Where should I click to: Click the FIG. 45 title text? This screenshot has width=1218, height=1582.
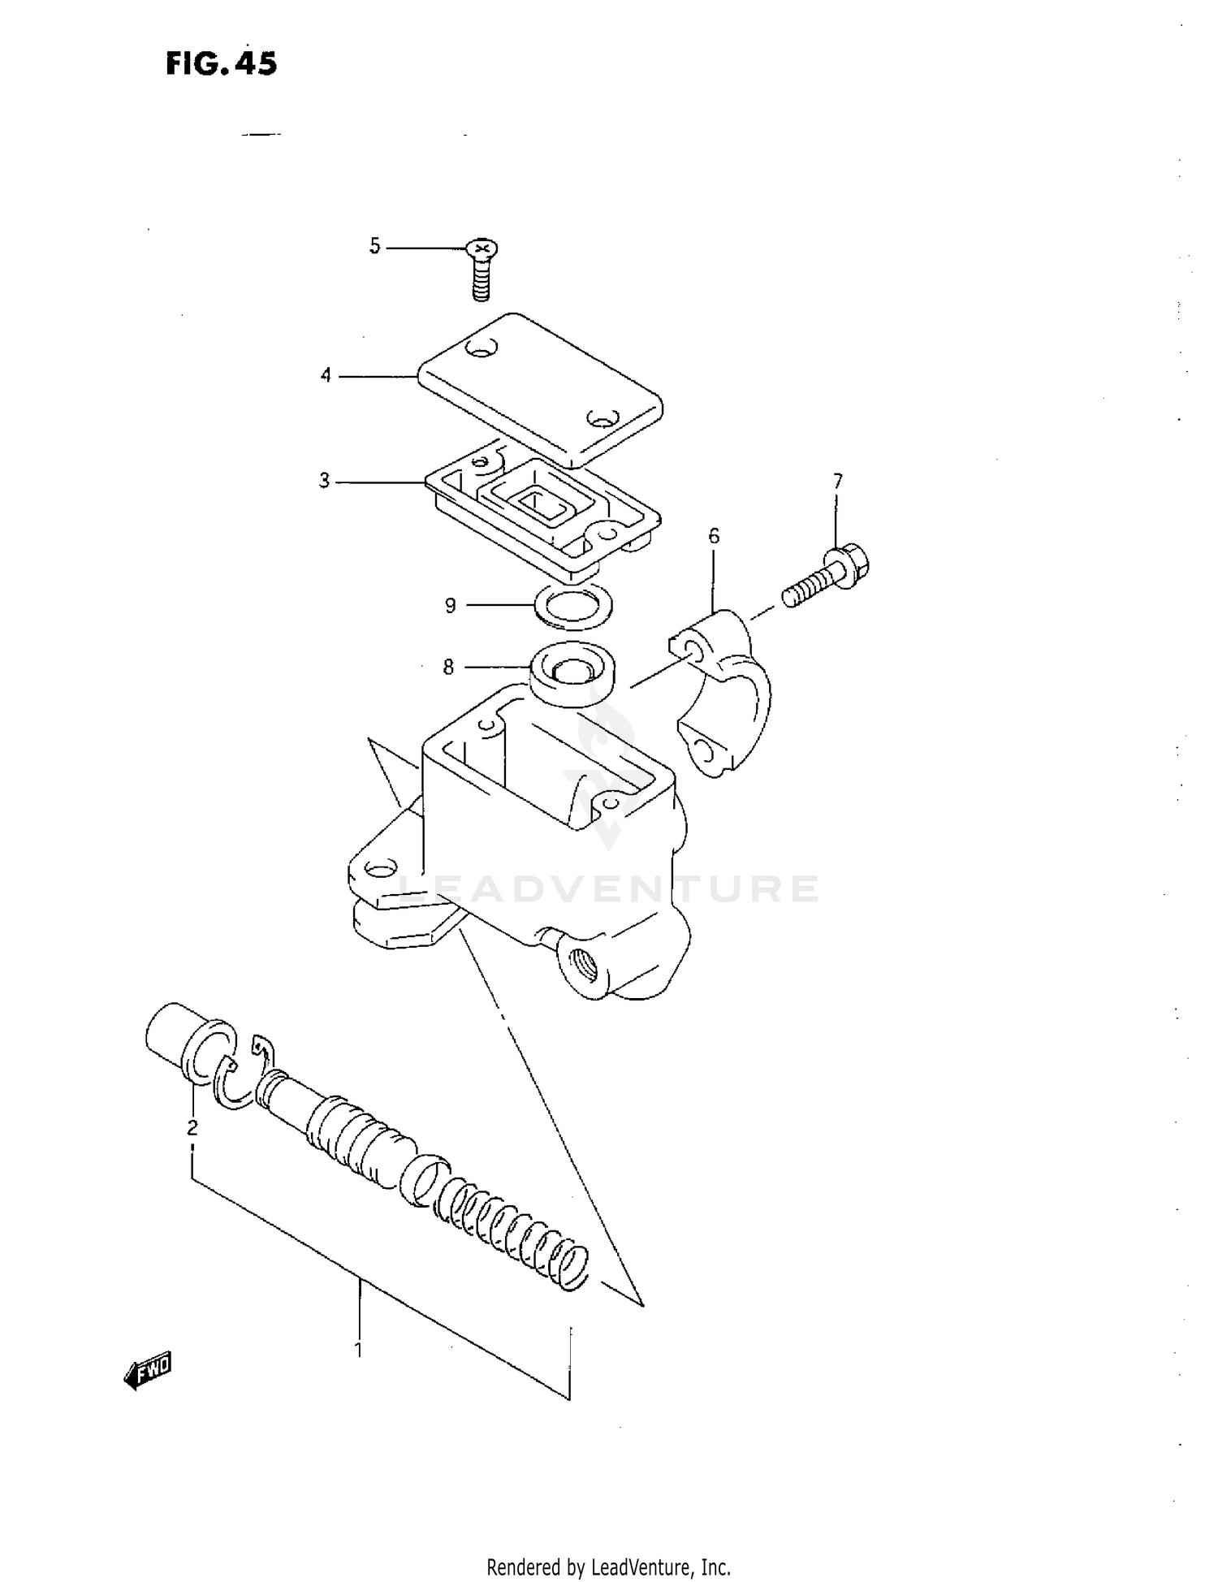221,63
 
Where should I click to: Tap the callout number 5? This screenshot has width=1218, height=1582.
374,246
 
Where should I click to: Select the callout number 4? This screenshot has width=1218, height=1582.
326,375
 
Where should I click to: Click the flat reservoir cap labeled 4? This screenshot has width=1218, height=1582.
540,388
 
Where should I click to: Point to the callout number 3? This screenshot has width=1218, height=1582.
324,481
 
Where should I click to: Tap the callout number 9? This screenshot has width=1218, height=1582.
450,605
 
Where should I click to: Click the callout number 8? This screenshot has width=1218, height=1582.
448,668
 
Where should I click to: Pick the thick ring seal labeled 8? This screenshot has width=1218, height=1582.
572,673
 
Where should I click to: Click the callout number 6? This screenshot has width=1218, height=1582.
714,536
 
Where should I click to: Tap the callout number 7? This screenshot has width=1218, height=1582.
837,482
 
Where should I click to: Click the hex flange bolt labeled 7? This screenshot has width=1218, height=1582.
828,577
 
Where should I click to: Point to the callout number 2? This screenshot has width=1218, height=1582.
192,1127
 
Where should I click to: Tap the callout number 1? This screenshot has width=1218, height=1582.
358,1350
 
